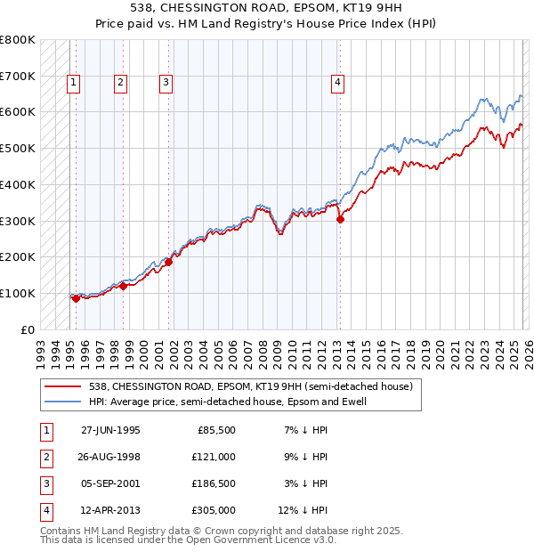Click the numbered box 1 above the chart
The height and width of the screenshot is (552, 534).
(x=73, y=84)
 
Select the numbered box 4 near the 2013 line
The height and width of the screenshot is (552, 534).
(x=338, y=84)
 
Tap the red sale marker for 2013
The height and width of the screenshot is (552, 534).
(x=340, y=219)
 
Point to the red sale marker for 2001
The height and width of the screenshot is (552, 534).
(x=169, y=262)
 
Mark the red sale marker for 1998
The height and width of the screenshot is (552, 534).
(x=124, y=286)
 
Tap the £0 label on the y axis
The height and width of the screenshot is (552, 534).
(x=28, y=329)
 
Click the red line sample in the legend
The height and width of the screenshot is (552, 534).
(x=63, y=387)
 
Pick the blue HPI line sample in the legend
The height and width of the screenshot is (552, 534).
(x=63, y=402)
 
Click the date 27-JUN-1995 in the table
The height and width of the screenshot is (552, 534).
(x=110, y=430)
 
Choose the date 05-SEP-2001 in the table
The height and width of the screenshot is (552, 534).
(x=110, y=483)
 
